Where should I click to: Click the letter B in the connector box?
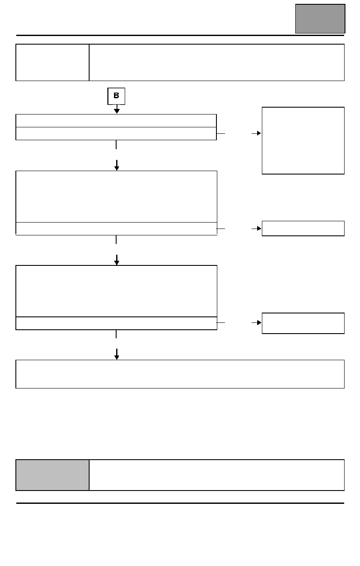116,96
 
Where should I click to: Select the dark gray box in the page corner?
320,18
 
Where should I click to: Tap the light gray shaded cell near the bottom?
52,475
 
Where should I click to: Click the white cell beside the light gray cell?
217,475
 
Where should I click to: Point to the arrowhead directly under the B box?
117,111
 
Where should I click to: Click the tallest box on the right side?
303,141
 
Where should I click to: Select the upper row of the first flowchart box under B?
116,121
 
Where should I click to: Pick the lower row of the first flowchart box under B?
116,133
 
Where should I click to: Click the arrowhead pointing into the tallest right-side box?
259,133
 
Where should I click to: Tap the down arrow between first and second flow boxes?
117,165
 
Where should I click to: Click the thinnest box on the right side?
303,229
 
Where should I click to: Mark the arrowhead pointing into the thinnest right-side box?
259,229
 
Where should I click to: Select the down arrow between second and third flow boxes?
117,260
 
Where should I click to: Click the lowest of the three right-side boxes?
303,323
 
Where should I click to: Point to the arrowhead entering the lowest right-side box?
259,322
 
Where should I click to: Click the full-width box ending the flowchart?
180,374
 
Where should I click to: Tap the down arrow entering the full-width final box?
117,354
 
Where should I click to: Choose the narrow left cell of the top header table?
52,63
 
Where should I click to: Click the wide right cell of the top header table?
217,63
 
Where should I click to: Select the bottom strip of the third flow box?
116,323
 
